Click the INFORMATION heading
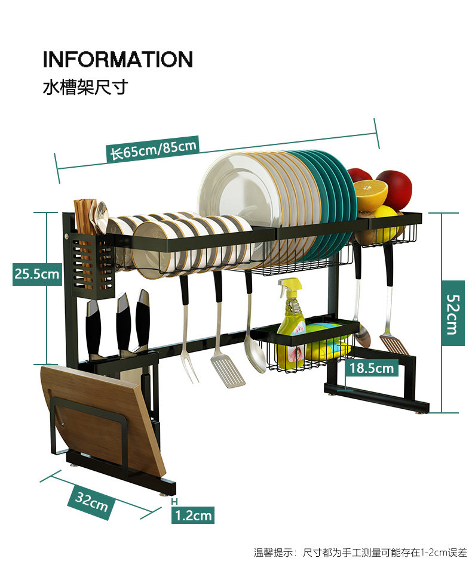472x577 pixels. pos(118,59)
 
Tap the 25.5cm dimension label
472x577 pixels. pos(37,274)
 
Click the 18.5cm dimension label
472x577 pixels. pos(372,368)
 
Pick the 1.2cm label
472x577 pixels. pos(194,514)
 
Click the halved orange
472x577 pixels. pos(370,195)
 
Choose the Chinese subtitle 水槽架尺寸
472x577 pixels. pos(85,88)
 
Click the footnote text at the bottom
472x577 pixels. pos(360,553)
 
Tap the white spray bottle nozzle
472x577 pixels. pos(290,285)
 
